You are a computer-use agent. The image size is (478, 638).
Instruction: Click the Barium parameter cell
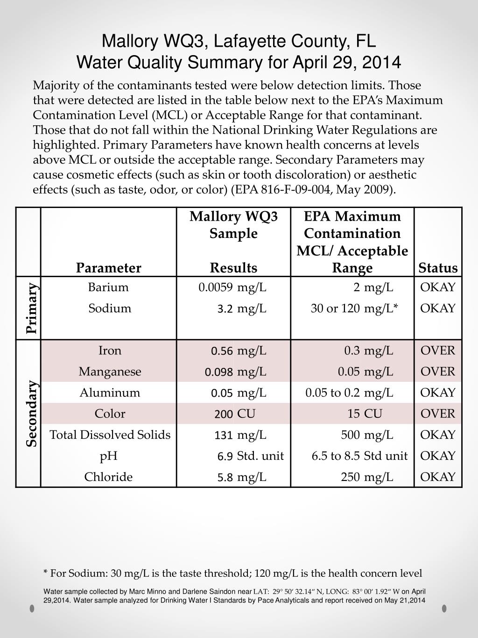[x=108, y=287]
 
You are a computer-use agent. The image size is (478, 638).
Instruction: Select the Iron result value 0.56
[x=222, y=351]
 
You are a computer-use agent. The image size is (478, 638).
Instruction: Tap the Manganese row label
[x=110, y=372]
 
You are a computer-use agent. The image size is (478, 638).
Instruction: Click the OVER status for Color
[x=437, y=414]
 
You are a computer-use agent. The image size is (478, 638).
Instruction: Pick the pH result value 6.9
[x=225, y=456]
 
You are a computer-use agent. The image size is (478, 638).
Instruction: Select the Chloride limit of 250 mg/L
[x=367, y=477]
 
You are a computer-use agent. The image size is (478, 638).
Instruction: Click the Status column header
[x=438, y=268]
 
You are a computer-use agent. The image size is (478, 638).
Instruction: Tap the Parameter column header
[x=109, y=268]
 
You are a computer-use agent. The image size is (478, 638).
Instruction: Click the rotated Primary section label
[x=31, y=308]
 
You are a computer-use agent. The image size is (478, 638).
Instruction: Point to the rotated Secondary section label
[x=31, y=414]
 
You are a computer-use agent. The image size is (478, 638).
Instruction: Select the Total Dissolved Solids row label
[x=110, y=435]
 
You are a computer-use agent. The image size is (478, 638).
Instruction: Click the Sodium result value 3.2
[x=225, y=308]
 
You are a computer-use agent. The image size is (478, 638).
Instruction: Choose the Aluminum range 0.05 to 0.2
[x=332, y=393]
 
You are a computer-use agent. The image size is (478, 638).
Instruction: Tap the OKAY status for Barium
[x=437, y=287]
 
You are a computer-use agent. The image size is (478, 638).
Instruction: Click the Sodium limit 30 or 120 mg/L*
[x=354, y=308]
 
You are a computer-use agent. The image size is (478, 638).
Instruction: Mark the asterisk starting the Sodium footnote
[x=45, y=573]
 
